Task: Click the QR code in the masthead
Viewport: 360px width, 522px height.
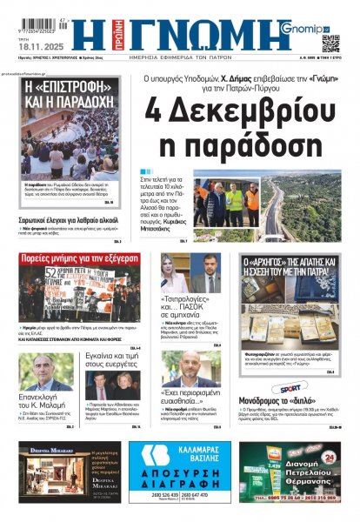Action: click(x=330, y=42)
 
